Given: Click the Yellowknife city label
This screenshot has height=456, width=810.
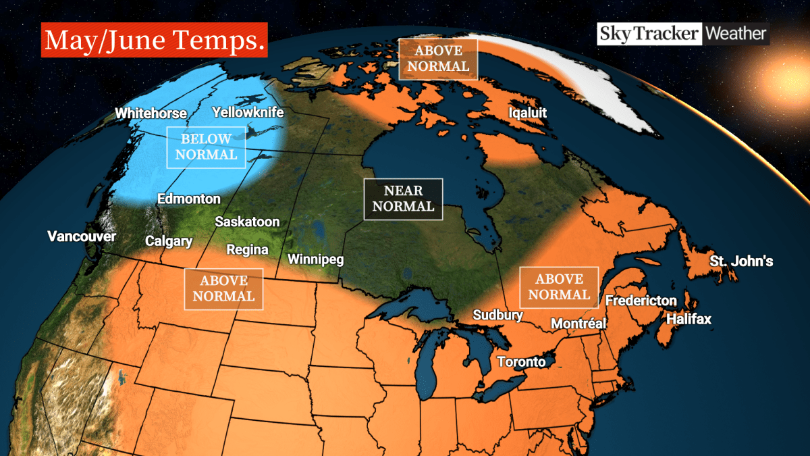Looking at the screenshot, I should [248, 112].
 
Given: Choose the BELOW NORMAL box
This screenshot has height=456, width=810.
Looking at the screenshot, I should [206, 147].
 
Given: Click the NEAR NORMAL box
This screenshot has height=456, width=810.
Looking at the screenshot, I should [403, 199].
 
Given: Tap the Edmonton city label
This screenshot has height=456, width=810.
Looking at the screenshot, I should [188, 199].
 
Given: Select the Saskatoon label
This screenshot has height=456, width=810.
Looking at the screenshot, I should [247, 222].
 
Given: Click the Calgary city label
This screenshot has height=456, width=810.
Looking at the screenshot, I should [169, 241].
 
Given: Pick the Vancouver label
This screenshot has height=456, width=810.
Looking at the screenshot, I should [82, 236].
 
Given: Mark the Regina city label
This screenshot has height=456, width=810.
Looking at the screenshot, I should [247, 250].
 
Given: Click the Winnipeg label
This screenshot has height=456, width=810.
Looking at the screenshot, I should [316, 259].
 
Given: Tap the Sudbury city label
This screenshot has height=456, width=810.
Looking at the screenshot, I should [497, 315].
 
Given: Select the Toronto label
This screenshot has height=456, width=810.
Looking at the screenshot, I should [521, 361].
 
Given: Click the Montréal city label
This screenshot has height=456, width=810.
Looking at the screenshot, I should [578, 324].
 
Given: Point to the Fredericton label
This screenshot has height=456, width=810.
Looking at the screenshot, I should [641, 301].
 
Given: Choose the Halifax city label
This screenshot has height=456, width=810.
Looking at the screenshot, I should [688, 320].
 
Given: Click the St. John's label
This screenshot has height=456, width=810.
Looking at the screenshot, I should [741, 261].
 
